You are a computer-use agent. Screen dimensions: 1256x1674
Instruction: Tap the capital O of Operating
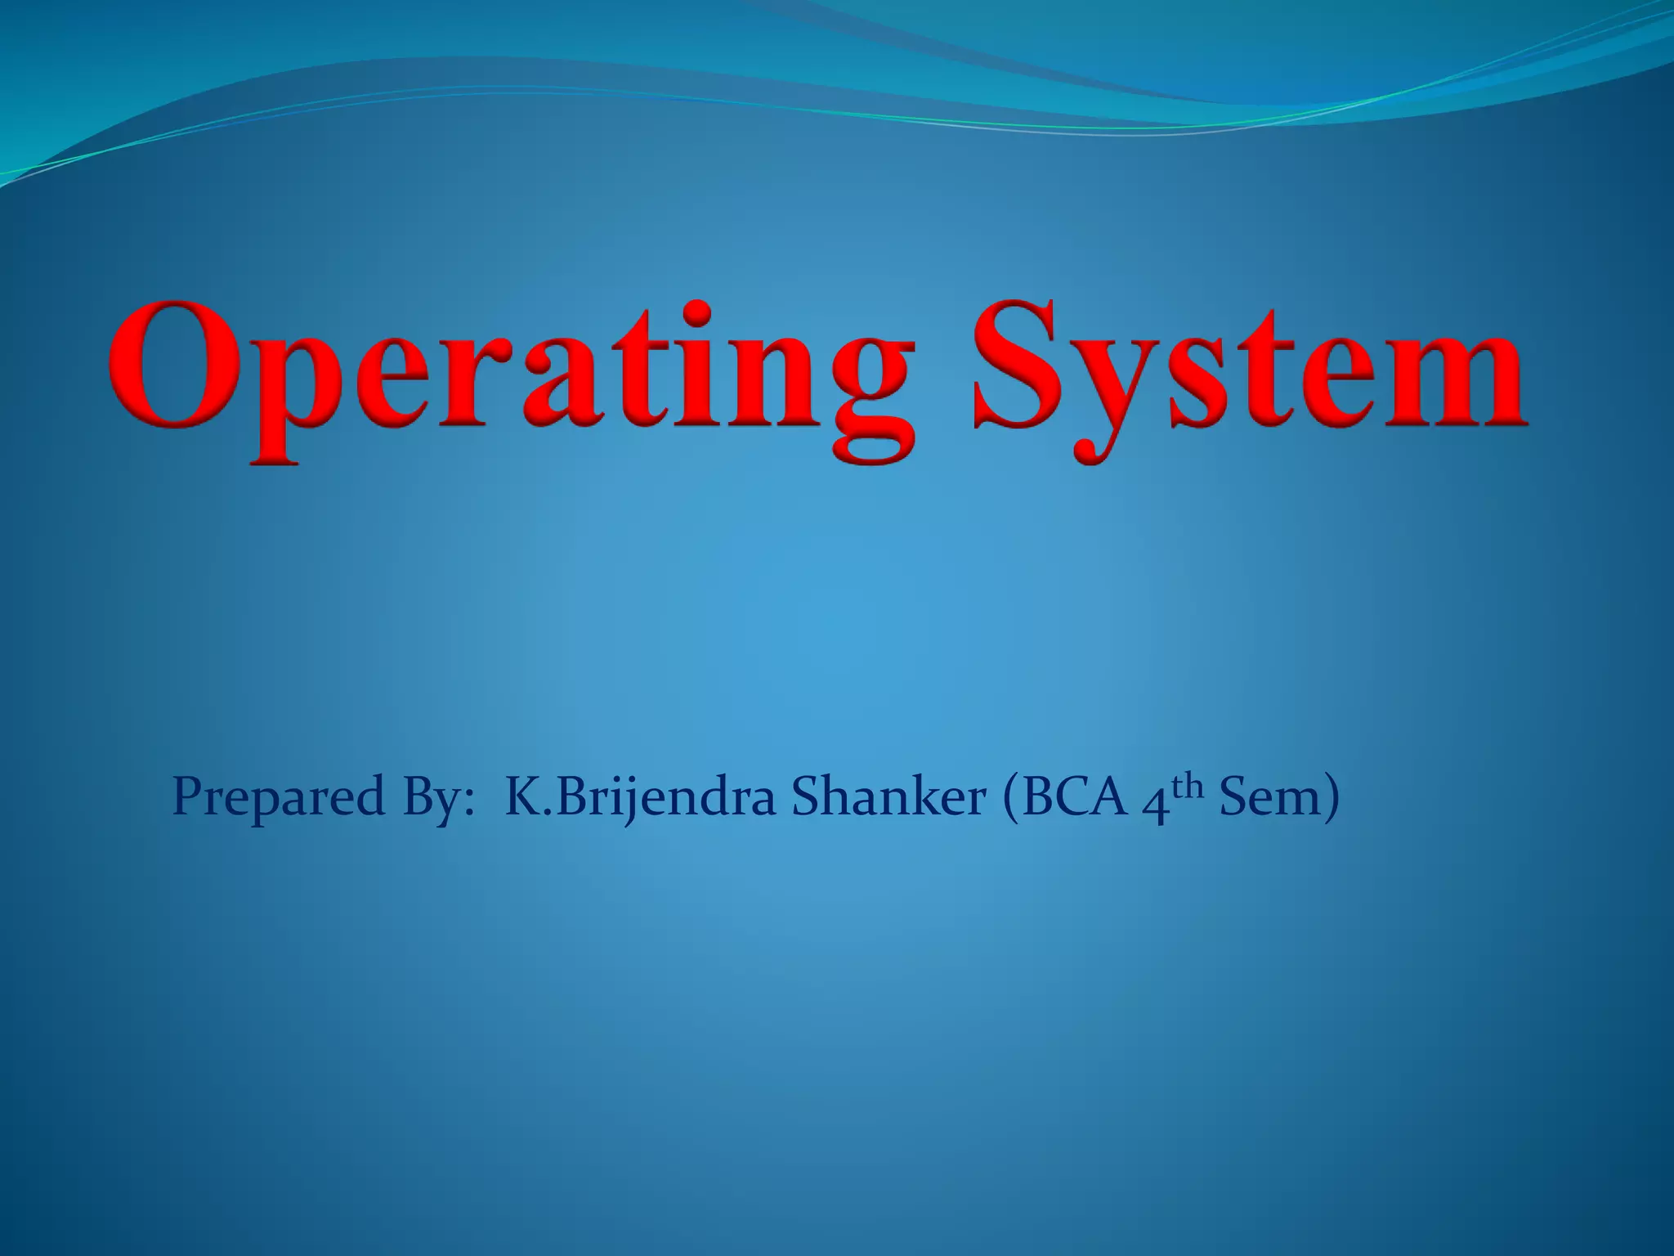(x=167, y=366)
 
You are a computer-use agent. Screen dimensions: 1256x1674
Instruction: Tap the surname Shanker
(x=889, y=796)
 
